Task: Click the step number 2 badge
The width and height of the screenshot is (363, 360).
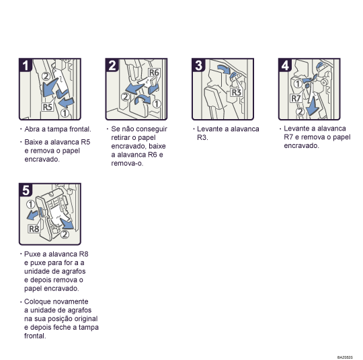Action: click(x=112, y=65)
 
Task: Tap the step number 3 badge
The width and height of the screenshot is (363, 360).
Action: click(x=198, y=65)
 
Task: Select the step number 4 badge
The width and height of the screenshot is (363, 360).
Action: click(x=286, y=65)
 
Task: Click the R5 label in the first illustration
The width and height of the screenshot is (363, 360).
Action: click(x=47, y=106)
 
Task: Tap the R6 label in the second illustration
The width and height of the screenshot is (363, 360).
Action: click(x=154, y=72)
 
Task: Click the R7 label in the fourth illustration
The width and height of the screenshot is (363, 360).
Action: click(x=296, y=98)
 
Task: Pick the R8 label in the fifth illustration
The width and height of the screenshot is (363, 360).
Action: click(x=34, y=229)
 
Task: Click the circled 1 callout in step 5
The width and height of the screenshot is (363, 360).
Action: click(x=30, y=204)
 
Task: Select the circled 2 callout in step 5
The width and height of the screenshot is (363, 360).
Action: click(x=65, y=234)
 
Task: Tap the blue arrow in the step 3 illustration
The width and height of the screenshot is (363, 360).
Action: click(x=224, y=69)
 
